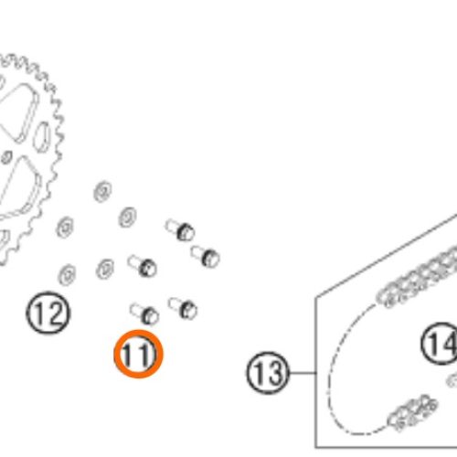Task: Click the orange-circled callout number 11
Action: coord(139,354)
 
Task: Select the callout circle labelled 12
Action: coord(48,313)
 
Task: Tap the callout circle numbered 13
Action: coord(268,373)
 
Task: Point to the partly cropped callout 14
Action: coord(440,344)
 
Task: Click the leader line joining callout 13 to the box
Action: coord(303,373)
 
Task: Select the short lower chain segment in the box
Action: coord(413,413)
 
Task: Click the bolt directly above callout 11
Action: coord(144,313)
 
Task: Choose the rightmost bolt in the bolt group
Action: coord(205,256)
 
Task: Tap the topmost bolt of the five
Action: coord(180,229)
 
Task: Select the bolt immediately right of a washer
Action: coord(143,266)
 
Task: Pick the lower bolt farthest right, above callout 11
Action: coord(183,308)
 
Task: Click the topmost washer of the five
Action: coord(102,191)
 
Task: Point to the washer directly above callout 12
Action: coord(67,275)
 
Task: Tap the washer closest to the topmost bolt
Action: coord(127,218)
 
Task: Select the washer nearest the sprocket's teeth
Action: coord(65,228)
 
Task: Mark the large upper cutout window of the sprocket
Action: coord(19,112)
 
